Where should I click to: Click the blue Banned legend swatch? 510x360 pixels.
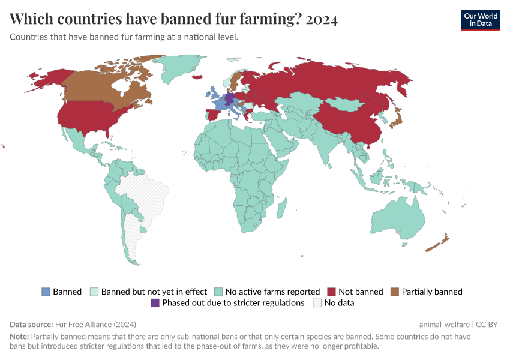46,292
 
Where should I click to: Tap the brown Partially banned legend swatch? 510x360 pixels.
395,292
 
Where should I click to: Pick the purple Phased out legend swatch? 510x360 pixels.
155,303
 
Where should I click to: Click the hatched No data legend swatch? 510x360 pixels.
317,303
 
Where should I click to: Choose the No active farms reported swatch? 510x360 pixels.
218,292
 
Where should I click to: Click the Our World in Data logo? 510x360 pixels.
480,19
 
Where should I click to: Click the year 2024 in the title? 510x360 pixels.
322,19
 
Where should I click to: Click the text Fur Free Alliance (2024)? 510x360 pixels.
95,324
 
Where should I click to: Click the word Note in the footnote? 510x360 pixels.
19,337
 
